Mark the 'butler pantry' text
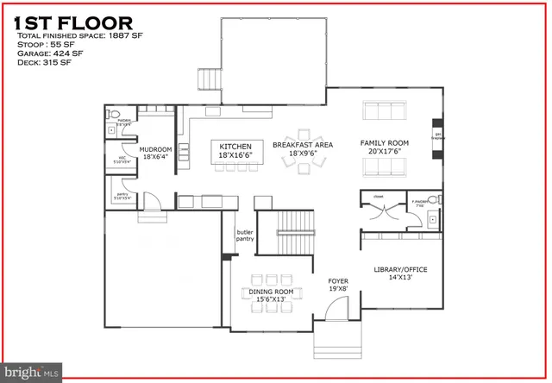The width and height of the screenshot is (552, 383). [245, 237]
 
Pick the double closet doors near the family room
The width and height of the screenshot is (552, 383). [382, 209]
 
